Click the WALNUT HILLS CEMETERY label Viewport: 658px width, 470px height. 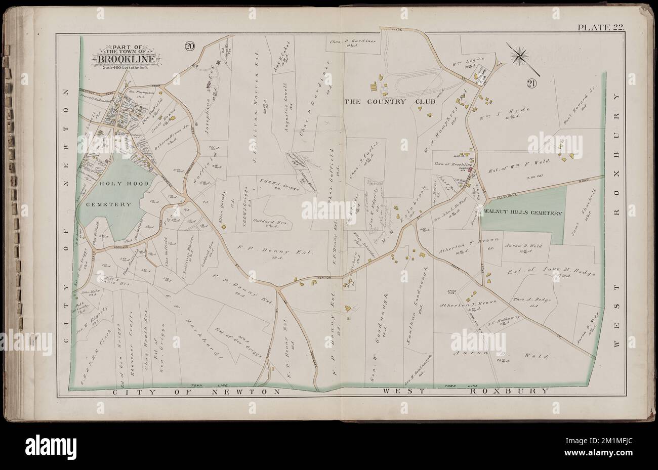[523, 213]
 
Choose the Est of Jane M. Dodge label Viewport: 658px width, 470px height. [550, 273]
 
